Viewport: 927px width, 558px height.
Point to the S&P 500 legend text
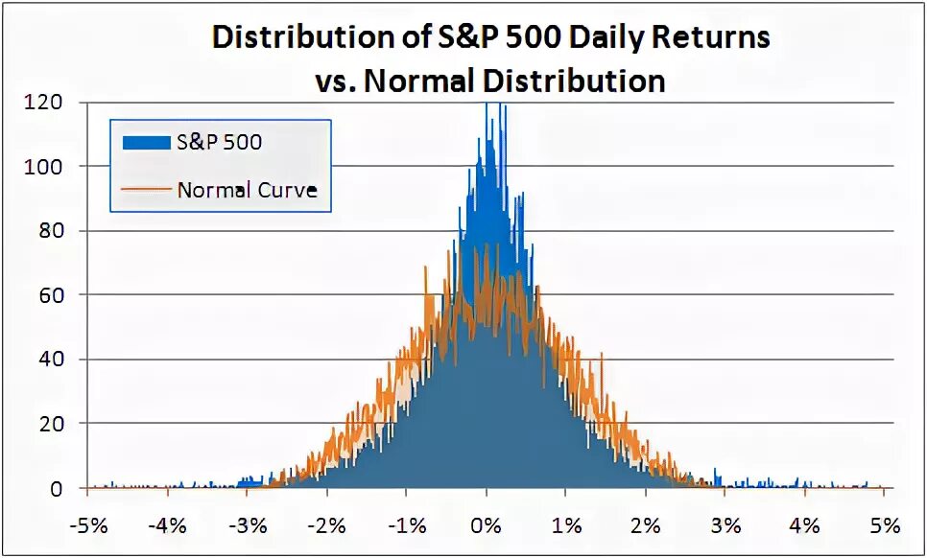(x=219, y=143)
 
